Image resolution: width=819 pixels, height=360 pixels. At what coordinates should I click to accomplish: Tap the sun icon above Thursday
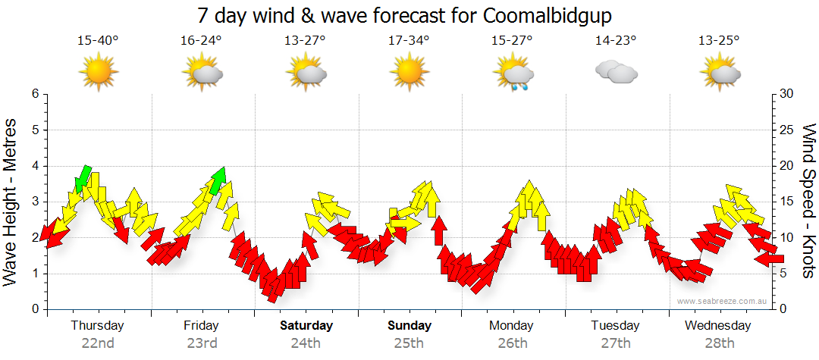(99, 72)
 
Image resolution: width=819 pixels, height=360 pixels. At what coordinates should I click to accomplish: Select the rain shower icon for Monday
(514, 74)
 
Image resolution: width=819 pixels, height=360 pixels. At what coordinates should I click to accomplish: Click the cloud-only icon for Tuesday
(616, 73)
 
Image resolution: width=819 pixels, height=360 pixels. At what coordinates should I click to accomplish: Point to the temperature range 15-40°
(98, 41)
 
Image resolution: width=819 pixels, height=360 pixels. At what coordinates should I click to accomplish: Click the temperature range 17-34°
(409, 41)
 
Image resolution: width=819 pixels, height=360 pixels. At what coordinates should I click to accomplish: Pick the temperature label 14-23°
(616, 41)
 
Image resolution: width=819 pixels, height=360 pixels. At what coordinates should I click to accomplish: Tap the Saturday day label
(306, 326)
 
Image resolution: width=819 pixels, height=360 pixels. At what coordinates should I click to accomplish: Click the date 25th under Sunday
(409, 343)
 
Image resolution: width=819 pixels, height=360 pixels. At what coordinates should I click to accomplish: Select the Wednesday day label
(717, 326)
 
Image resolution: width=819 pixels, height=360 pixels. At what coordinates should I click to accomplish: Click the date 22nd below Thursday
(98, 343)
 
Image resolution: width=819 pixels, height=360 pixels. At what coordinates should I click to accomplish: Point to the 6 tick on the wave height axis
(34, 94)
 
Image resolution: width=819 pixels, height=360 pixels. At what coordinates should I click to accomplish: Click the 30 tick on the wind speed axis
(786, 94)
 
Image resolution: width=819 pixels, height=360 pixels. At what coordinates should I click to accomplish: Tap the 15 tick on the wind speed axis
(786, 202)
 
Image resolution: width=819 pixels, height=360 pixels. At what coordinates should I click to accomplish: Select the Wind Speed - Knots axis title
(808, 202)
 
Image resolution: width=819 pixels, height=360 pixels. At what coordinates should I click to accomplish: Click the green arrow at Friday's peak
(218, 180)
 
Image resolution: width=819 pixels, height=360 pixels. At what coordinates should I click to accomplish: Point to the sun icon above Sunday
(409, 72)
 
